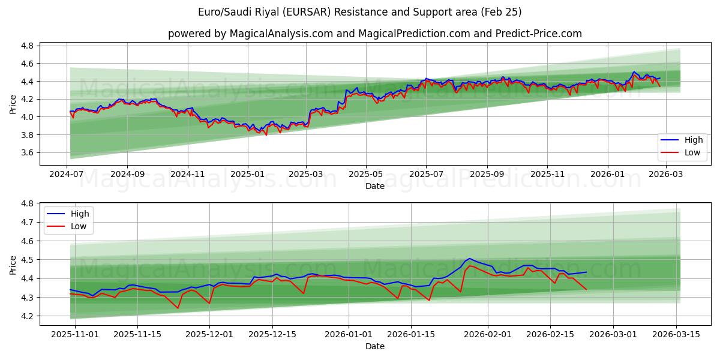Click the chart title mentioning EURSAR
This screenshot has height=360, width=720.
point(359,12)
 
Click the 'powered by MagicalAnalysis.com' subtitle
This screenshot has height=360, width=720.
point(374,34)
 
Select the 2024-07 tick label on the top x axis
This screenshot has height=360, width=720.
point(67,175)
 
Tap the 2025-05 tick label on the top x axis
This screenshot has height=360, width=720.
point(366,175)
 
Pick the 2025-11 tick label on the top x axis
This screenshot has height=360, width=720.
point(547,175)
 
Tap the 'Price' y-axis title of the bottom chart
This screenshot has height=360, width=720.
point(13,265)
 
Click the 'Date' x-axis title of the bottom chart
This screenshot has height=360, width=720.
point(375,346)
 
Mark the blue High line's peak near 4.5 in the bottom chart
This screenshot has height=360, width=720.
point(469,258)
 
